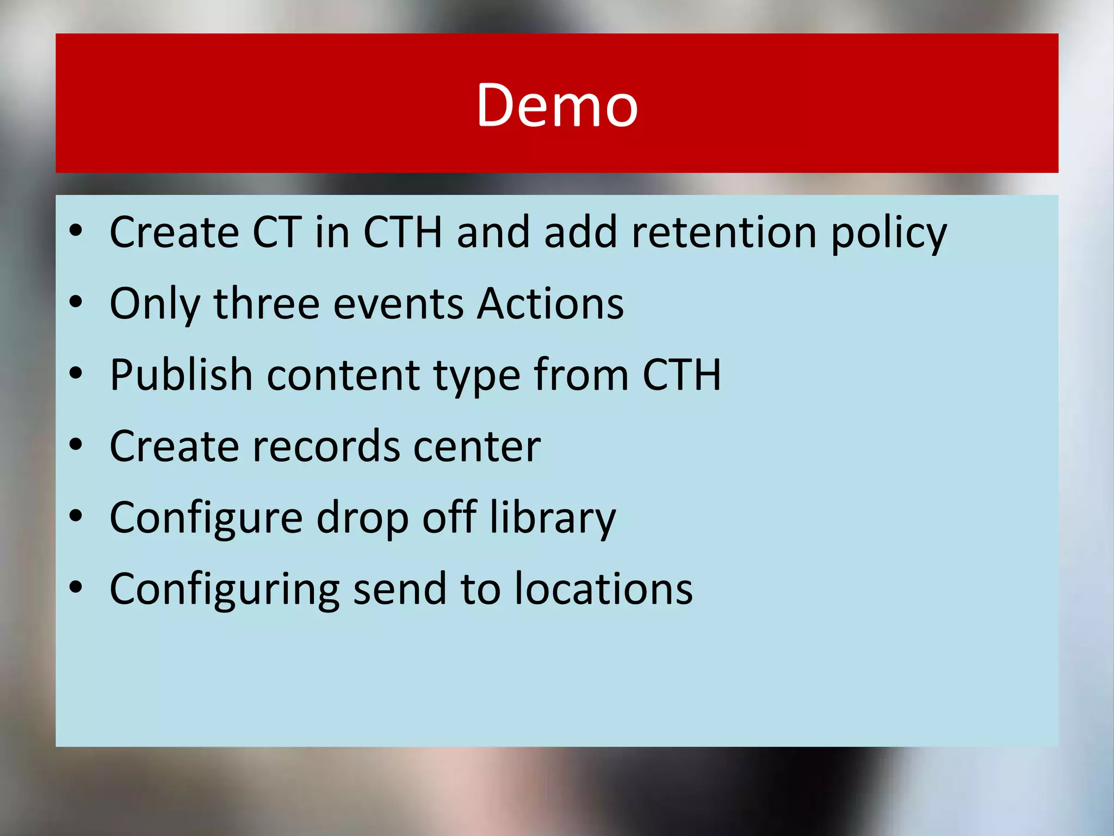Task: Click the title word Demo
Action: coord(557,104)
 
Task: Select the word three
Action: coord(266,303)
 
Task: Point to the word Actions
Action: coord(550,303)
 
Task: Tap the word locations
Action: coord(604,589)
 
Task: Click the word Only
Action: coord(155,304)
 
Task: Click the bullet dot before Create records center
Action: coord(76,445)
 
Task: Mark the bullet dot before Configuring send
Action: coord(76,587)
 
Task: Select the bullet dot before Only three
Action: coord(76,302)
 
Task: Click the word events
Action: coord(398,304)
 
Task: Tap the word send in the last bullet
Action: coord(400,589)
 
